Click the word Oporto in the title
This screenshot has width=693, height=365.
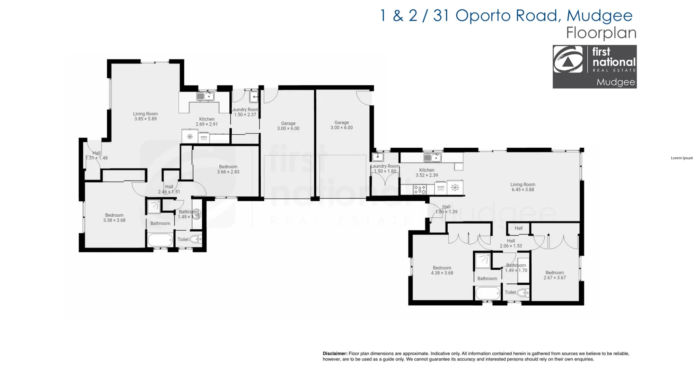tap(483, 16)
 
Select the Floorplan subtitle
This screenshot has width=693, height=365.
tap(601, 33)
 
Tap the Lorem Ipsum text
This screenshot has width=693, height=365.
tap(682, 158)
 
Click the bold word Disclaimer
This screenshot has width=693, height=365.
tap(335, 354)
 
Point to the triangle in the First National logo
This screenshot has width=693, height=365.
tap(567, 62)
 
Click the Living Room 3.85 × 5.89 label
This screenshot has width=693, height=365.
tap(146, 116)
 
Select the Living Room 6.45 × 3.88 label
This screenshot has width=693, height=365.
tap(523, 187)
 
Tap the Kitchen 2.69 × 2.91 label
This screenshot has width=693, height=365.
tap(207, 122)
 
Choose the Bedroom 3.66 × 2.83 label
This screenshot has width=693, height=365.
tap(228, 169)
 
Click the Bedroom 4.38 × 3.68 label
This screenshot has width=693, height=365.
tap(442, 270)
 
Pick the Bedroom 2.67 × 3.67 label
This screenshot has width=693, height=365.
tap(555, 275)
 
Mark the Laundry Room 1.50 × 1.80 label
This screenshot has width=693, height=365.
tap(385, 169)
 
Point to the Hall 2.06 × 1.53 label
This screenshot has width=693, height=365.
tap(511, 243)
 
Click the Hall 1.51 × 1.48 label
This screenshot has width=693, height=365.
tap(97, 155)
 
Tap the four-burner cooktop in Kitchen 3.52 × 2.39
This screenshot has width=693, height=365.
tap(420, 190)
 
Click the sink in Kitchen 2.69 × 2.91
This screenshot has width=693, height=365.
tap(205, 96)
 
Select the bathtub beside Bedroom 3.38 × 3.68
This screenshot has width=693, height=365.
tap(160, 240)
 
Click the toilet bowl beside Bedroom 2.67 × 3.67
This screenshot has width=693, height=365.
tap(523, 293)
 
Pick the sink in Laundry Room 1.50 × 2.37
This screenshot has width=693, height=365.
tap(254, 97)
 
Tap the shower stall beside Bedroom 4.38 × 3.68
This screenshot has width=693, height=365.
tap(482, 261)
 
